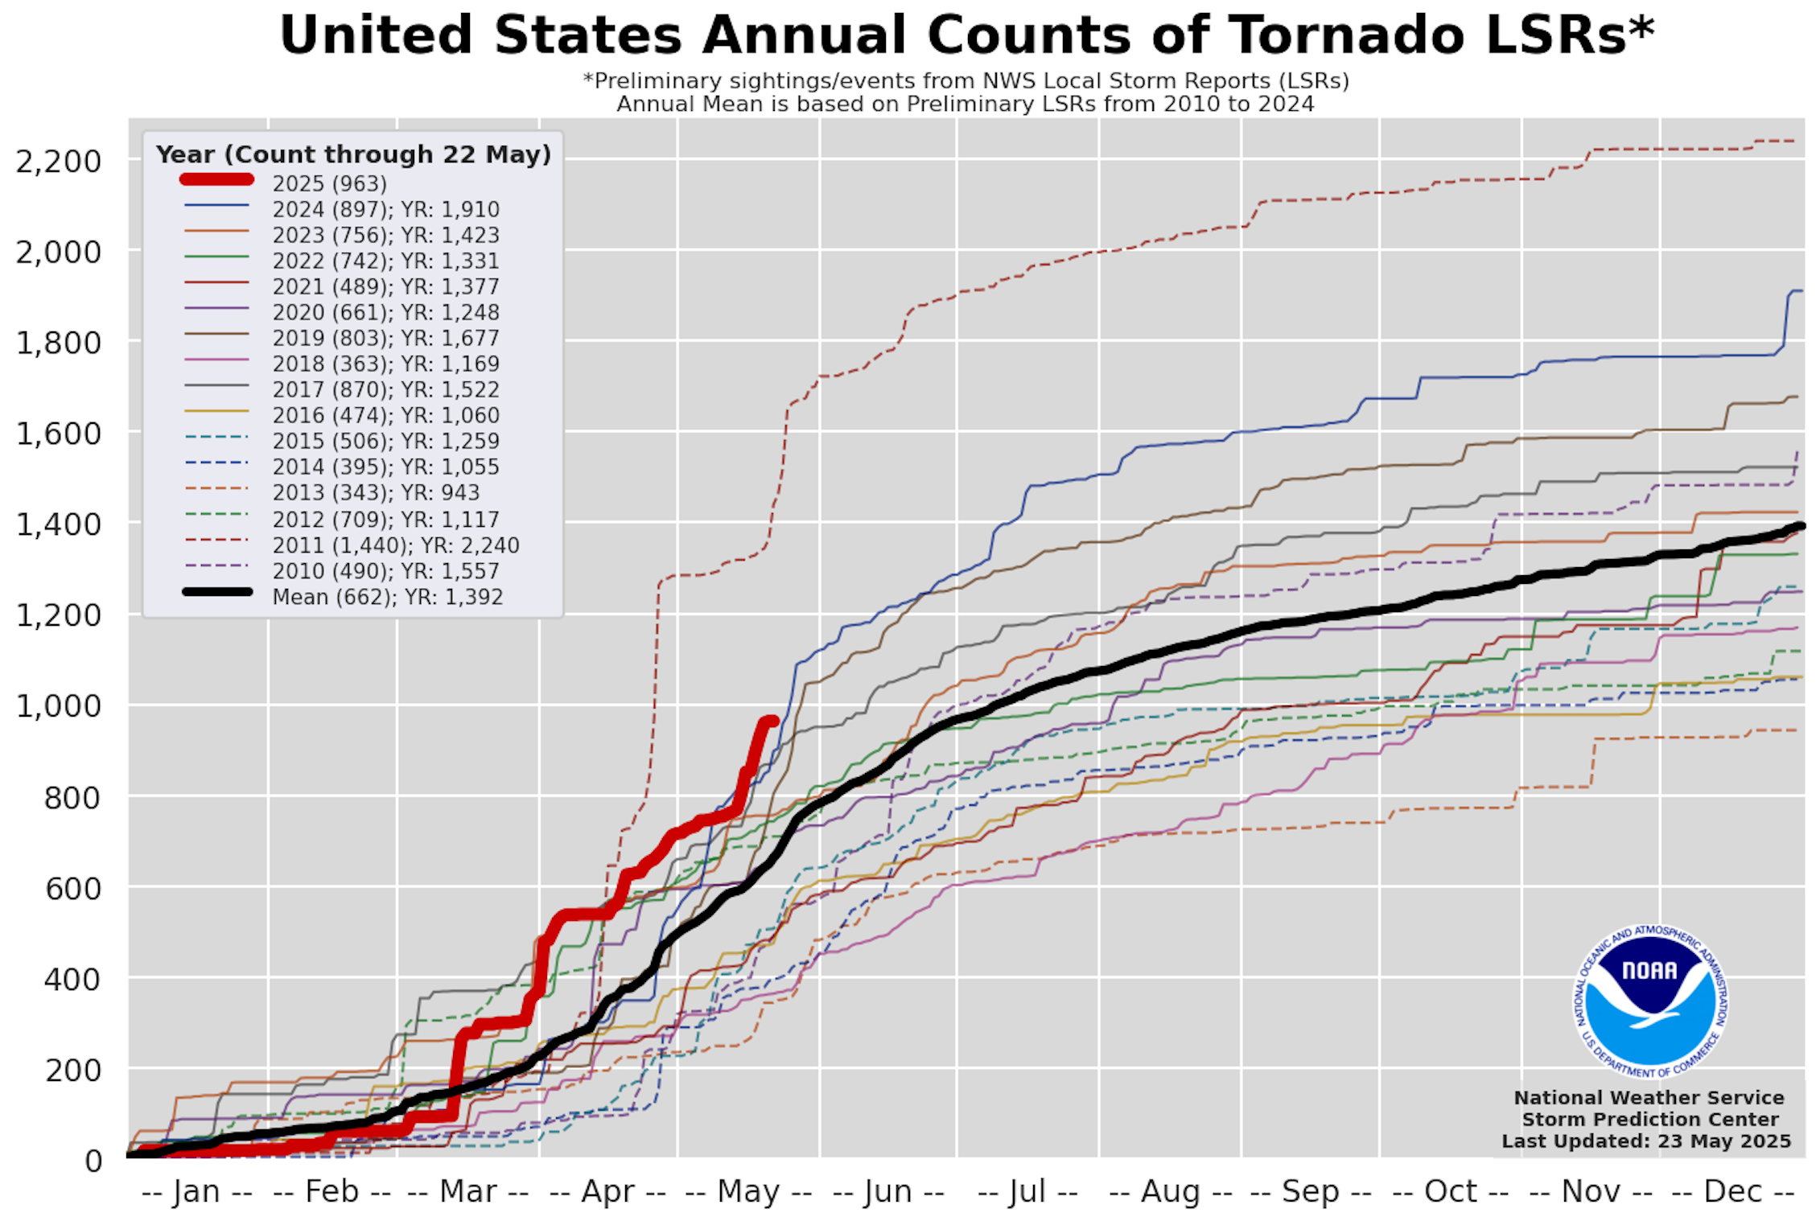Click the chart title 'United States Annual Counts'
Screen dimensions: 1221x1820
966,35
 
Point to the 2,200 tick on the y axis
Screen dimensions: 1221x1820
59,161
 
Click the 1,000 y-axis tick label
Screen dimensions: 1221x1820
59,705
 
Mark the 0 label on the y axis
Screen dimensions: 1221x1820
93,1161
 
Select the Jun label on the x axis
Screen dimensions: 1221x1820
888,1191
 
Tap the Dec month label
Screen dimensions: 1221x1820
1733,1191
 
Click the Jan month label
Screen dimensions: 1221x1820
196,1191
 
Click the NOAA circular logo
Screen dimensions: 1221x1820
1650,1001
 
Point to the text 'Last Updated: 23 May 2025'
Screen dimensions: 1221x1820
1646,1141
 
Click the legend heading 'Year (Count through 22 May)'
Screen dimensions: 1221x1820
353,154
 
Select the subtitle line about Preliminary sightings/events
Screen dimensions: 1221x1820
966,81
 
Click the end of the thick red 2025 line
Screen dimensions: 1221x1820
773,721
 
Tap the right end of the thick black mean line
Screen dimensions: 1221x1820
1800,526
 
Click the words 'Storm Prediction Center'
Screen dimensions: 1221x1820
1650,1119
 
